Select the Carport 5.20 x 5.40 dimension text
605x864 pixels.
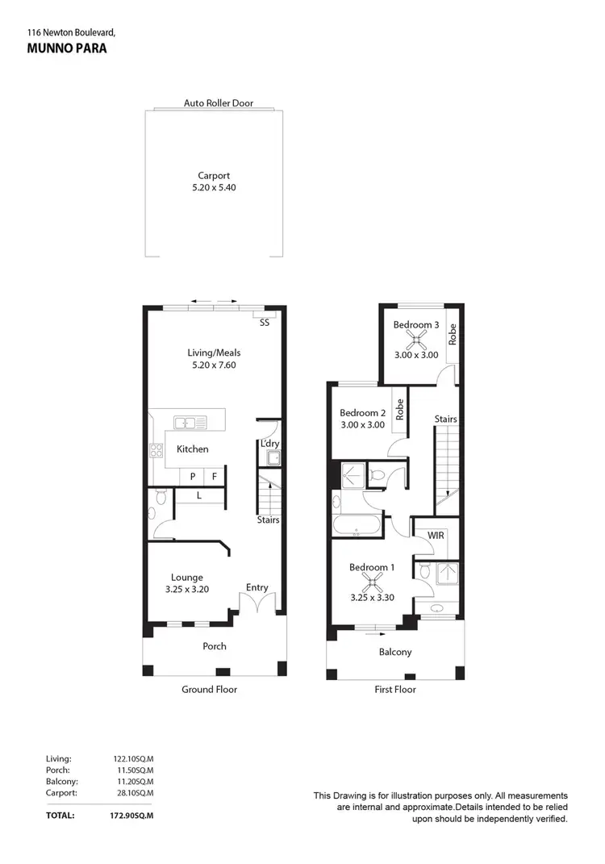214,187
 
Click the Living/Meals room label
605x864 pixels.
214,353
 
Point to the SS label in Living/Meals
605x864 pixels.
265,323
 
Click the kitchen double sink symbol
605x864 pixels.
190,421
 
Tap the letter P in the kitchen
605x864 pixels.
193,477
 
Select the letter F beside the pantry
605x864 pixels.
215,477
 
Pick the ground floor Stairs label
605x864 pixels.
268,520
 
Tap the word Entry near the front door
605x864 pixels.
257,587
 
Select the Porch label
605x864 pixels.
215,646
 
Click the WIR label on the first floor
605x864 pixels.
436,535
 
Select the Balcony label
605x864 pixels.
395,652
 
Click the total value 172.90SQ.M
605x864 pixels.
133,816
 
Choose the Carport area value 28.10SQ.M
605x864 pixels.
133,793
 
